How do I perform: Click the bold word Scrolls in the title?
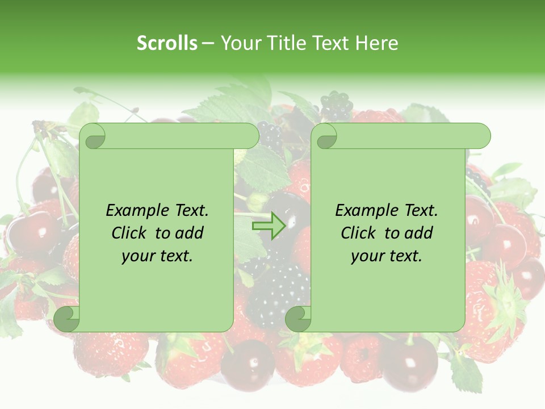click(x=167, y=43)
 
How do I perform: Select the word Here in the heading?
click(x=376, y=43)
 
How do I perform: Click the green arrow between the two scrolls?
click(x=268, y=226)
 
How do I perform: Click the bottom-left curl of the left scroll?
click(x=67, y=319)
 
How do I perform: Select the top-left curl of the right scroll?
click(x=325, y=136)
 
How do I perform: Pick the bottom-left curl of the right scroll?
click(x=298, y=319)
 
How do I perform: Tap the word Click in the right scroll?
click(x=358, y=233)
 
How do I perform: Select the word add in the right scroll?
click(x=420, y=233)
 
